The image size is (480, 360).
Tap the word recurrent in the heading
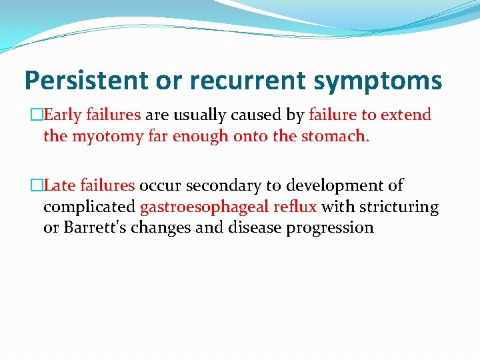[232, 81]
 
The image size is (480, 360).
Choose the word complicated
[89, 207]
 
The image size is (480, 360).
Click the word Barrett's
[89, 228]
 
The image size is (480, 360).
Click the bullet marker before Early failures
[39, 115]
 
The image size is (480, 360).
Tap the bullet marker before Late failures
[39, 186]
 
